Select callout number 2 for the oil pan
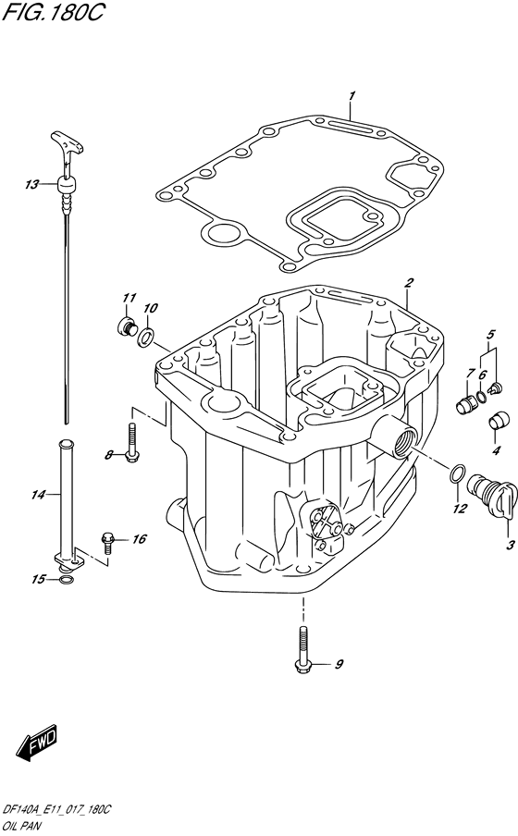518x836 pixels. click(x=408, y=282)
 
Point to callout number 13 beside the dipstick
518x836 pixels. click(x=32, y=185)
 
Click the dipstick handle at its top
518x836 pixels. click(x=68, y=144)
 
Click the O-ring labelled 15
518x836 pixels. click(x=64, y=580)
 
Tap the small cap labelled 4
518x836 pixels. click(x=496, y=420)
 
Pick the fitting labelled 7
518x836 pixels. click(x=468, y=401)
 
